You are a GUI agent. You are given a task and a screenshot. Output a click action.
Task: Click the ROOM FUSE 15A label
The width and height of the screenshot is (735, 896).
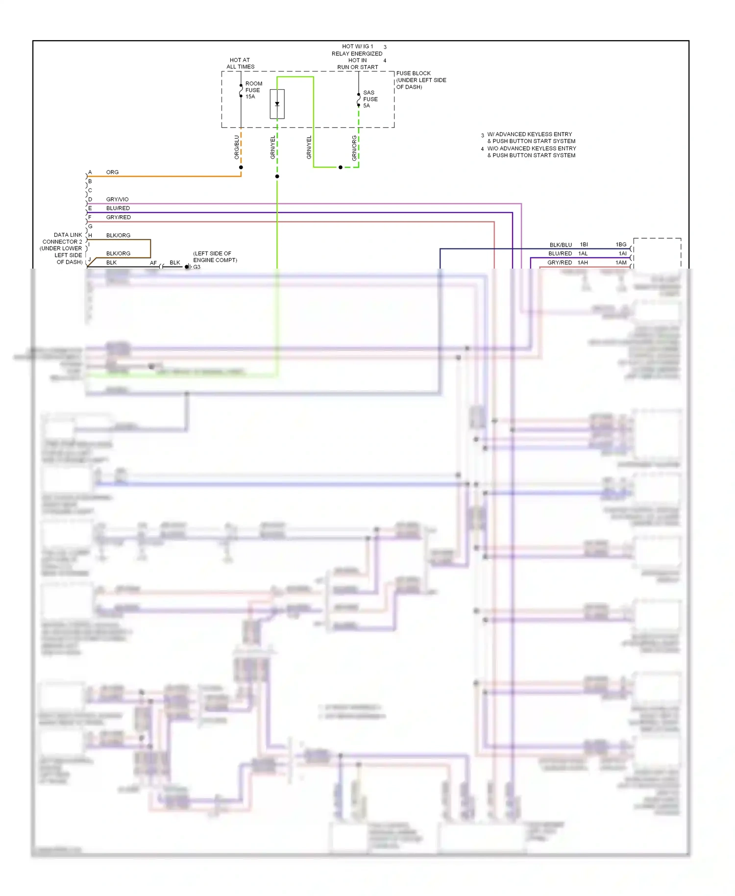coord(253,90)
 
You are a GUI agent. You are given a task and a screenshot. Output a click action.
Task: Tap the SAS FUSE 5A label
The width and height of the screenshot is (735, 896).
coord(370,99)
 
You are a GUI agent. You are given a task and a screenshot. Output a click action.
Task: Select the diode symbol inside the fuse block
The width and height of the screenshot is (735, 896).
coord(277,104)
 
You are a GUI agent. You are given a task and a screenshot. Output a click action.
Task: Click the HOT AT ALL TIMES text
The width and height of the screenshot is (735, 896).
coord(240,63)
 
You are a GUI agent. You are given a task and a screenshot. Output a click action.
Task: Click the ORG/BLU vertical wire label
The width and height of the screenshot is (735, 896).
coord(237,147)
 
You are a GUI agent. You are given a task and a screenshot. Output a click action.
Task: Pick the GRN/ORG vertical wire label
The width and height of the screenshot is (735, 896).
coord(354,148)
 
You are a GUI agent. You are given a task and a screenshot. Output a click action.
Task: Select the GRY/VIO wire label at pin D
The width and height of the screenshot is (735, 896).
coord(117,199)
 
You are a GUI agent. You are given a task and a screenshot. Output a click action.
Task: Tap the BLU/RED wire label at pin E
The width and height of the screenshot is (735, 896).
coord(118,208)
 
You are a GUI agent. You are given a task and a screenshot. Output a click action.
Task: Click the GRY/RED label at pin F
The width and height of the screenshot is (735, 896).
coord(118,217)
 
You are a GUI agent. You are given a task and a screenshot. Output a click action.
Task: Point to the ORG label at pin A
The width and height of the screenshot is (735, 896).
coord(112,172)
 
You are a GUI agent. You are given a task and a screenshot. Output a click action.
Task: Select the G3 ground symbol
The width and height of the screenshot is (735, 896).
coord(188,267)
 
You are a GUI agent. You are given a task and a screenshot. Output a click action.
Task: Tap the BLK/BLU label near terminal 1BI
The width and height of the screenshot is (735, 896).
coord(561,245)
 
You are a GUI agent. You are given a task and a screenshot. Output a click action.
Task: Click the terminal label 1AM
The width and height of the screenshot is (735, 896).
coord(621,263)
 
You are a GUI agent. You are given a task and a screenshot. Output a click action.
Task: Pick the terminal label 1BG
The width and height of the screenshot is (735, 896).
coord(621,245)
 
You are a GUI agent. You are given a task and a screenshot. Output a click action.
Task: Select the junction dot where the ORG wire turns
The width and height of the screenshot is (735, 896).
coord(241,168)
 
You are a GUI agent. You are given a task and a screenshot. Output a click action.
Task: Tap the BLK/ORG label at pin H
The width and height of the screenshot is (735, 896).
coord(118,235)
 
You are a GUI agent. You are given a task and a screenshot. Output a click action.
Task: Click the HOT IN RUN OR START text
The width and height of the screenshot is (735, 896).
coord(357,64)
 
